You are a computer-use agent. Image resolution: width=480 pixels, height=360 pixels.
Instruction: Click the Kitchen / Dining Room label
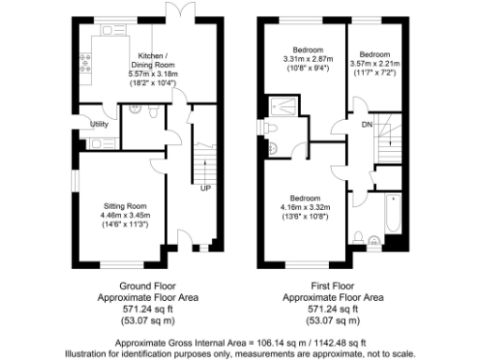(x=155, y=59)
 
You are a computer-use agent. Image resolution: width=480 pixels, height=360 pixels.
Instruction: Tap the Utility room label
(x=97, y=124)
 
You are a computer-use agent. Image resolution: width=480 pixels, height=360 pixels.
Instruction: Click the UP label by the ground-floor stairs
(x=204, y=188)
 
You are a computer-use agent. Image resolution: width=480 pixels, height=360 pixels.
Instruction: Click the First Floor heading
(x=333, y=283)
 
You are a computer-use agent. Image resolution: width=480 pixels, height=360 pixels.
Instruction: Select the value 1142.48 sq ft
(x=335, y=342)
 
